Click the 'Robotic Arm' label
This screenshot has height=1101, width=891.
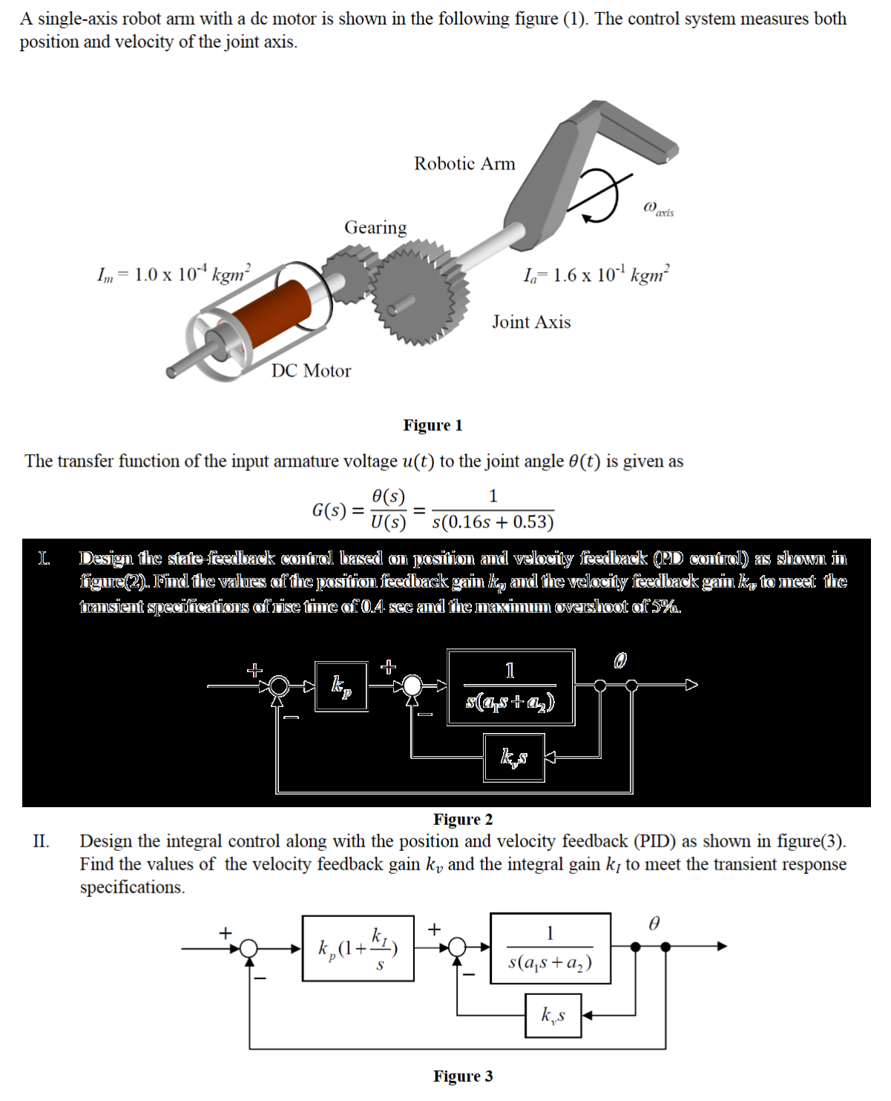[464, 164]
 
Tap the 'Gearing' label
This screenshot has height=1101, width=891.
[375, 228]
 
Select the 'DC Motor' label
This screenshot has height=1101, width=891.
[311, 371]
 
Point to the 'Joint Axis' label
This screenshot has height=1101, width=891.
[531, 322]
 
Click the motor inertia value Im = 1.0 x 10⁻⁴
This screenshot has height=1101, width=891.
[175, 274]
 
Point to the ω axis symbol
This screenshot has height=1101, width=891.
[658, 208]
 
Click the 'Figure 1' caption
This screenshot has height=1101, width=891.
[433, 425]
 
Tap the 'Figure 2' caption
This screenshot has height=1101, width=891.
[463, 819]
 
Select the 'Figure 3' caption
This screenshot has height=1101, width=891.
[463, 1077]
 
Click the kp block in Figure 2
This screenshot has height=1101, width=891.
[341, 686]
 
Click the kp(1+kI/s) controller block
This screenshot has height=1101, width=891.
[358, 948]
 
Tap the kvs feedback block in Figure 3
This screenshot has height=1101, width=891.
[553, 1015]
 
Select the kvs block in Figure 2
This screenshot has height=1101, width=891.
[514, 757]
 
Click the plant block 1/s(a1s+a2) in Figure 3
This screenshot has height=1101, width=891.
[550, 948]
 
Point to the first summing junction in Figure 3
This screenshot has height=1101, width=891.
[249, 947]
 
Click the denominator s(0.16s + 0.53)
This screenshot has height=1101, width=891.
[493, 522]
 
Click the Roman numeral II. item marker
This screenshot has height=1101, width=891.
[41, 841]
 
